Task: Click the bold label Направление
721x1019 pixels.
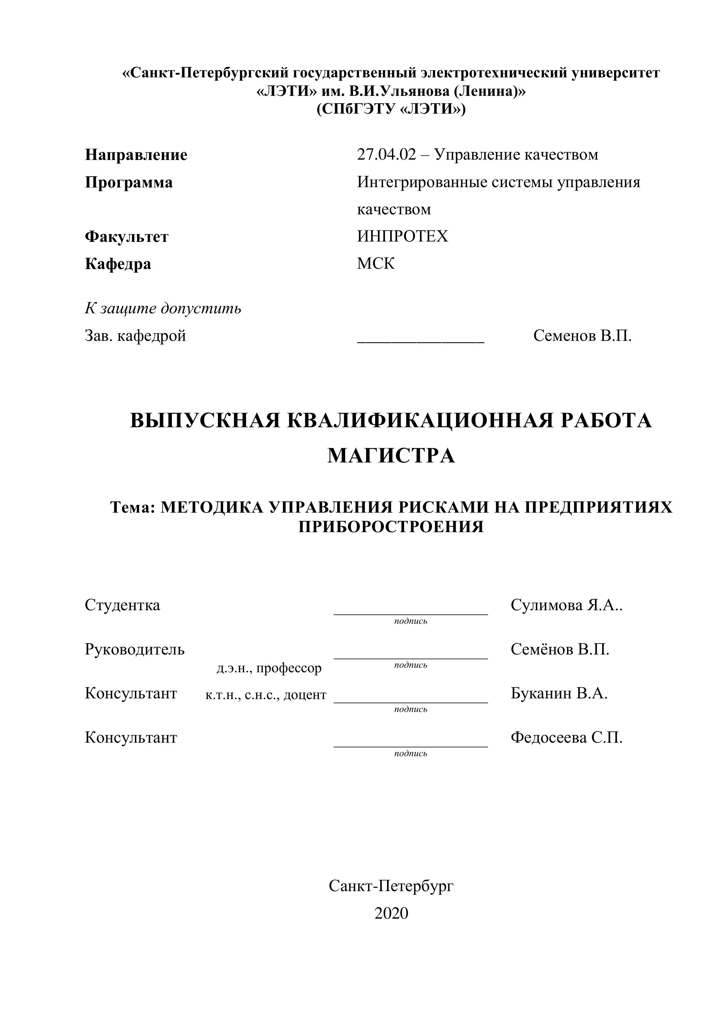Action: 136,155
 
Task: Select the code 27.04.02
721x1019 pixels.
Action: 386,154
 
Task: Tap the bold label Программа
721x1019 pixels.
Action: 129,182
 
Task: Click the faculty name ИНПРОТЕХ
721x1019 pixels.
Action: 402,236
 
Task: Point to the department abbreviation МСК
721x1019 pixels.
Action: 375,263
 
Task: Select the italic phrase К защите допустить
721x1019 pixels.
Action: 163,308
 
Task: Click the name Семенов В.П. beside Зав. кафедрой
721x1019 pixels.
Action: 582,336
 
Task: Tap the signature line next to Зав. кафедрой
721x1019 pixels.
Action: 420,341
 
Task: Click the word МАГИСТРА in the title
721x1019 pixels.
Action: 391,456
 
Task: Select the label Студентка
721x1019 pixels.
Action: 122,605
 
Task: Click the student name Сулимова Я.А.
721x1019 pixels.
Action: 566,605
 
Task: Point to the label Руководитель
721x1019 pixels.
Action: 135,649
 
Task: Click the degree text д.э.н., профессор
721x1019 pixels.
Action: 269,668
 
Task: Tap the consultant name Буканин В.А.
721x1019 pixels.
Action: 559,693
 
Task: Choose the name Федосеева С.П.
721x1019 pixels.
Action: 566,738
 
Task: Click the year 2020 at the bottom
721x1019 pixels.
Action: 391,913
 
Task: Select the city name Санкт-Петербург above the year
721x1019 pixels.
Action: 391,886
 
